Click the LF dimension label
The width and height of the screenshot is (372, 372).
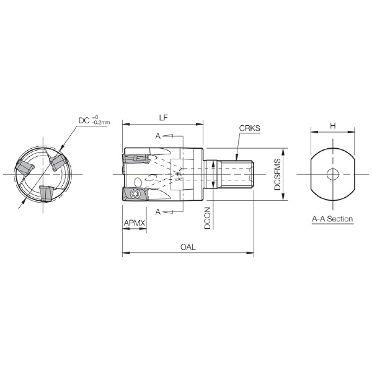click(x=163, y=118)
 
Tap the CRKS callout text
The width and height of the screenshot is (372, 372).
click(x=249, y=128)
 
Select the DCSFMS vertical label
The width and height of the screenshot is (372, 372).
click(x=277, y=174)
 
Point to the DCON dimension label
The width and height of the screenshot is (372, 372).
click(x=207, y=218)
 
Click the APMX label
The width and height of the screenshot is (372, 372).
click(x=135, y=223)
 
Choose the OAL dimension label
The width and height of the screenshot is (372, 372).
click(x=188, y=247)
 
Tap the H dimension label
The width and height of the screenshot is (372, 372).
click(x=333, y=126)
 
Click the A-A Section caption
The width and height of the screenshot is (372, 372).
click(x=332, y=219)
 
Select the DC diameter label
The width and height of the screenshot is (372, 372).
click(x=84, y=120)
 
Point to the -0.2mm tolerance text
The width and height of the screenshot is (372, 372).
click(x=101, y=123)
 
